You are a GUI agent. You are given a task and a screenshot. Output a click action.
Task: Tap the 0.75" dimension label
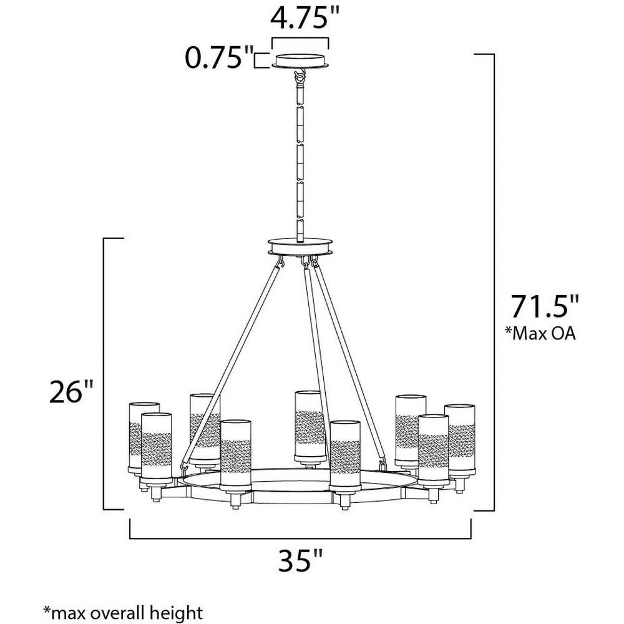coord(219,57)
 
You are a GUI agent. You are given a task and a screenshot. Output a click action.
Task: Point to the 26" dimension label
coord(71,392)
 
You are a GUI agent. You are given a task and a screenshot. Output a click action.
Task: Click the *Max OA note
coord(540,333)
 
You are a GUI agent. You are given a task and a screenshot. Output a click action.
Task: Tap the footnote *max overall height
coord(123,613)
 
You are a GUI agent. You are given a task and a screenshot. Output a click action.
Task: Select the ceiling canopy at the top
coord(301,61)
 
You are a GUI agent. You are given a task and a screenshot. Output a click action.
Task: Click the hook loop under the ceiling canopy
coord(300,74)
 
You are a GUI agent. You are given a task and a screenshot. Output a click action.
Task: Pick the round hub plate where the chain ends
coord(300,246)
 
